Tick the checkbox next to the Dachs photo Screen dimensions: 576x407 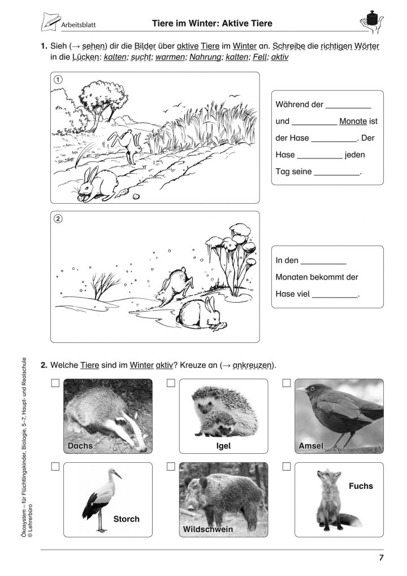click(x=55, y=383)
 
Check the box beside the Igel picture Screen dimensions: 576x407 click(x=171, y=383)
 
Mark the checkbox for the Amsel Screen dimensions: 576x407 click(x=287, y=383)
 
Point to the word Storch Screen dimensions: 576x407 click(x=126, y=518)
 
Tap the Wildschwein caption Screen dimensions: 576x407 click(x=207, y=529)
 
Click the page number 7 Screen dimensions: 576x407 click(x=382, y=558)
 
